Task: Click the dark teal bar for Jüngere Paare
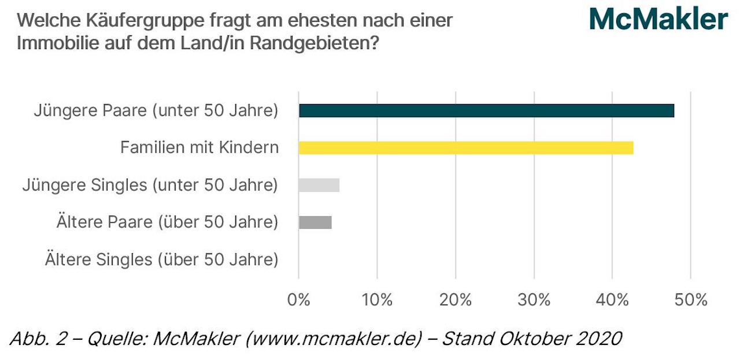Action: pos(486,110)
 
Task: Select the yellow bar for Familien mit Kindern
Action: pos(466,147)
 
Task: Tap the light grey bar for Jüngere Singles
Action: pos(319,185)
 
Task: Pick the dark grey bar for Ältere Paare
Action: pos(315,222)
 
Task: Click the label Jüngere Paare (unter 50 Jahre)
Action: pos(156,110)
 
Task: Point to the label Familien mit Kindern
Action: pos(199,147)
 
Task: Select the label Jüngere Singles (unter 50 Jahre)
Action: pos(150,185)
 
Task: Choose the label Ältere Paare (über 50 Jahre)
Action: pos(167,222)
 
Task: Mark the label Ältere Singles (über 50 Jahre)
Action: pos(161,259)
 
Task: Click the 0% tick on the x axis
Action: pos(299,300)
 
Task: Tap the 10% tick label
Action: pos(377,300)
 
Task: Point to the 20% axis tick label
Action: pos(456,300)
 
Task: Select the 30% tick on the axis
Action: pos(534,300)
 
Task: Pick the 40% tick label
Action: pos(612,300)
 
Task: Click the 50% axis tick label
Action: pos(691,300)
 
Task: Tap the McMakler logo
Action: pos(658,19)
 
